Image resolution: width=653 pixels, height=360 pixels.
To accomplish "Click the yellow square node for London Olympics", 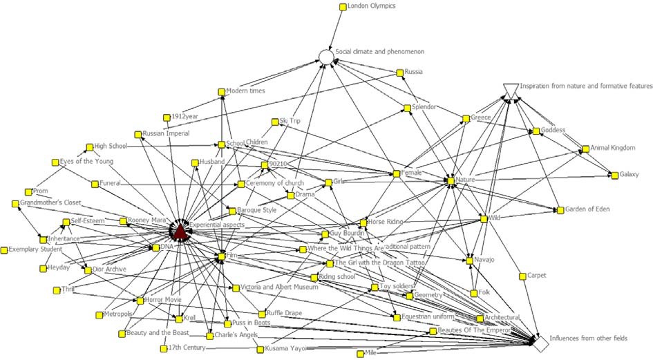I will tap(342, 7).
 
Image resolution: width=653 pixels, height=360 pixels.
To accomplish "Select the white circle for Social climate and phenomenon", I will tap(326, 57).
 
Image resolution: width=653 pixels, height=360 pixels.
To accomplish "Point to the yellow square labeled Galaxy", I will tap(614, 175).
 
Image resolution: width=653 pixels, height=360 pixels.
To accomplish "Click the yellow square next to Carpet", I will tap(522, 276).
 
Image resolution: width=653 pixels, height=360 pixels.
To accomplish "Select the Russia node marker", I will tap(399, 73).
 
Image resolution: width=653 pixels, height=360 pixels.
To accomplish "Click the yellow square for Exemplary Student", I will tap(5, 249).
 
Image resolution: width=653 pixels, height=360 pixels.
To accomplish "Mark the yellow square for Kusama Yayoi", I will tap(260, 350).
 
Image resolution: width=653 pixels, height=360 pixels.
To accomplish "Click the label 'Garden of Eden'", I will tap(588, 209).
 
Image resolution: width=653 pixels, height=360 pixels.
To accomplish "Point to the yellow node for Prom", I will tap(28, 191).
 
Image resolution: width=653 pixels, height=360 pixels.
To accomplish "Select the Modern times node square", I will tap(221, 91).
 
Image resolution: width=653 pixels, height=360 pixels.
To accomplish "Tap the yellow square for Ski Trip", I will tap(274, 122).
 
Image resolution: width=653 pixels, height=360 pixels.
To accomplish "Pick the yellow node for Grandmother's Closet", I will tap(15, 204).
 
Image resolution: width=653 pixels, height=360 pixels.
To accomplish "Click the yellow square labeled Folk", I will tap(474, 293).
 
